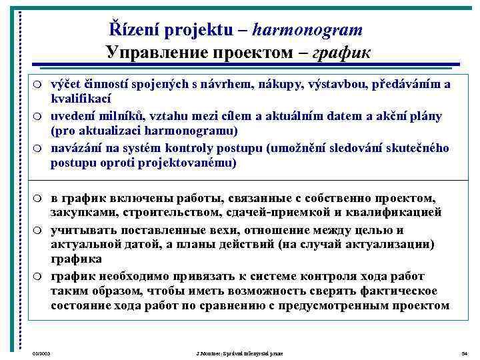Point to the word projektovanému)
187,162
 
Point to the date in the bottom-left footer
41,352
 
